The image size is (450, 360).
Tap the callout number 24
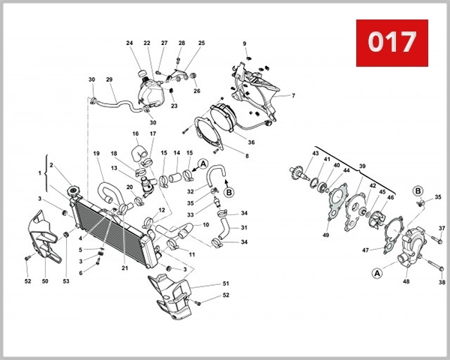tap(129, 43)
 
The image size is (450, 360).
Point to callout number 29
tap(109, 80)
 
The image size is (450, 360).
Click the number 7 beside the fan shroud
tap(293, 96)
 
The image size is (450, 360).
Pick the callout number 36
tap(251, 142)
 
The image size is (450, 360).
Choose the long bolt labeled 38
tap(433, 265)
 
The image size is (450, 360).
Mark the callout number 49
tap(325, 235)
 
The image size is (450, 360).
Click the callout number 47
tap(365, 250)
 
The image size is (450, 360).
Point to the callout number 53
tap(66, 281)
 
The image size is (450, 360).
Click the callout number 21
tap(124, 267)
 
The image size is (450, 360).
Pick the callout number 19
tap(96, 154)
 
